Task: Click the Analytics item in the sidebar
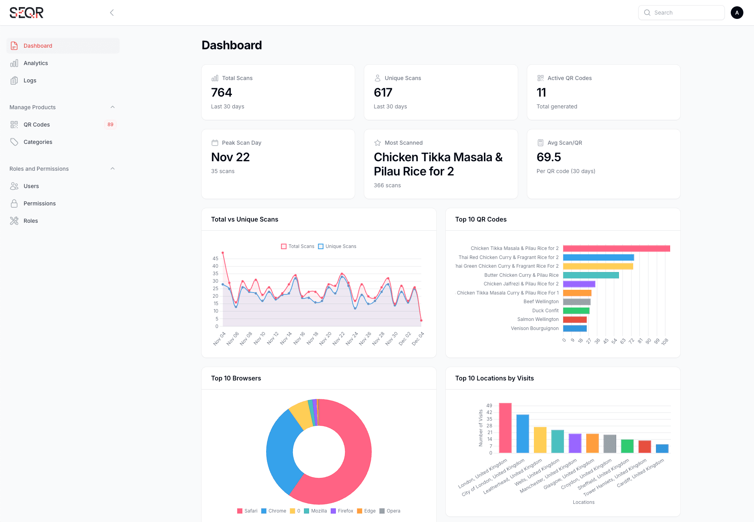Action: (x=35, y=63)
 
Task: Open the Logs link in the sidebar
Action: (x=30, y=80)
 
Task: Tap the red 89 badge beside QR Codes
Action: (x=110, y=125)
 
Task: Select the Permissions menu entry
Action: (x=39, y=203)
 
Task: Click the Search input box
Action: (x=685, y=13)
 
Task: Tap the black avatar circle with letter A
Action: (x=737, y=13)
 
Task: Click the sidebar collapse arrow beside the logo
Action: (x=112, y=13)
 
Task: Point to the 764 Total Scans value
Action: (x=222, y=93)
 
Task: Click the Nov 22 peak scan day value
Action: (x=230, y=157)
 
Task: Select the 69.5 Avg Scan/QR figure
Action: (x=548, y=157)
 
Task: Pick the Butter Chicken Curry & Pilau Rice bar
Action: (x=591, y=275)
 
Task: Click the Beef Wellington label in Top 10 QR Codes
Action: (x=541, y=302)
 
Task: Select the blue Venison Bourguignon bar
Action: (x=575, y=328)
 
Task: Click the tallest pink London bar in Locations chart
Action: (x=505, y=428)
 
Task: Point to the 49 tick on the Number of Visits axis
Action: (x=489, y=406)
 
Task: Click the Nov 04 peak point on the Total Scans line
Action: (x=223, y=253)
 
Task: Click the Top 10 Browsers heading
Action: (x=236, y=378)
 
